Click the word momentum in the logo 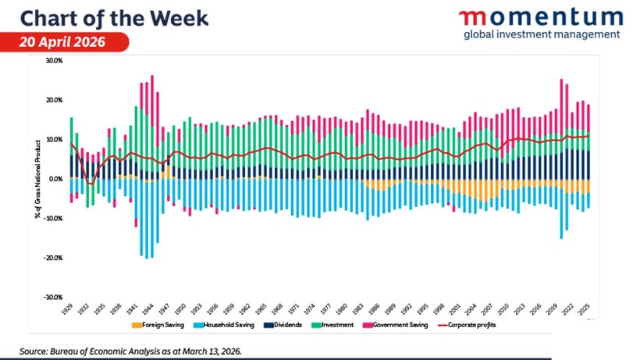(540, 17)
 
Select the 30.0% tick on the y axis (54, 60)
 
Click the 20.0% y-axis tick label (54, 100)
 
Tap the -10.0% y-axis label (53, 218)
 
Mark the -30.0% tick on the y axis (53, 298)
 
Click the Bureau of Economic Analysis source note (132, 351)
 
